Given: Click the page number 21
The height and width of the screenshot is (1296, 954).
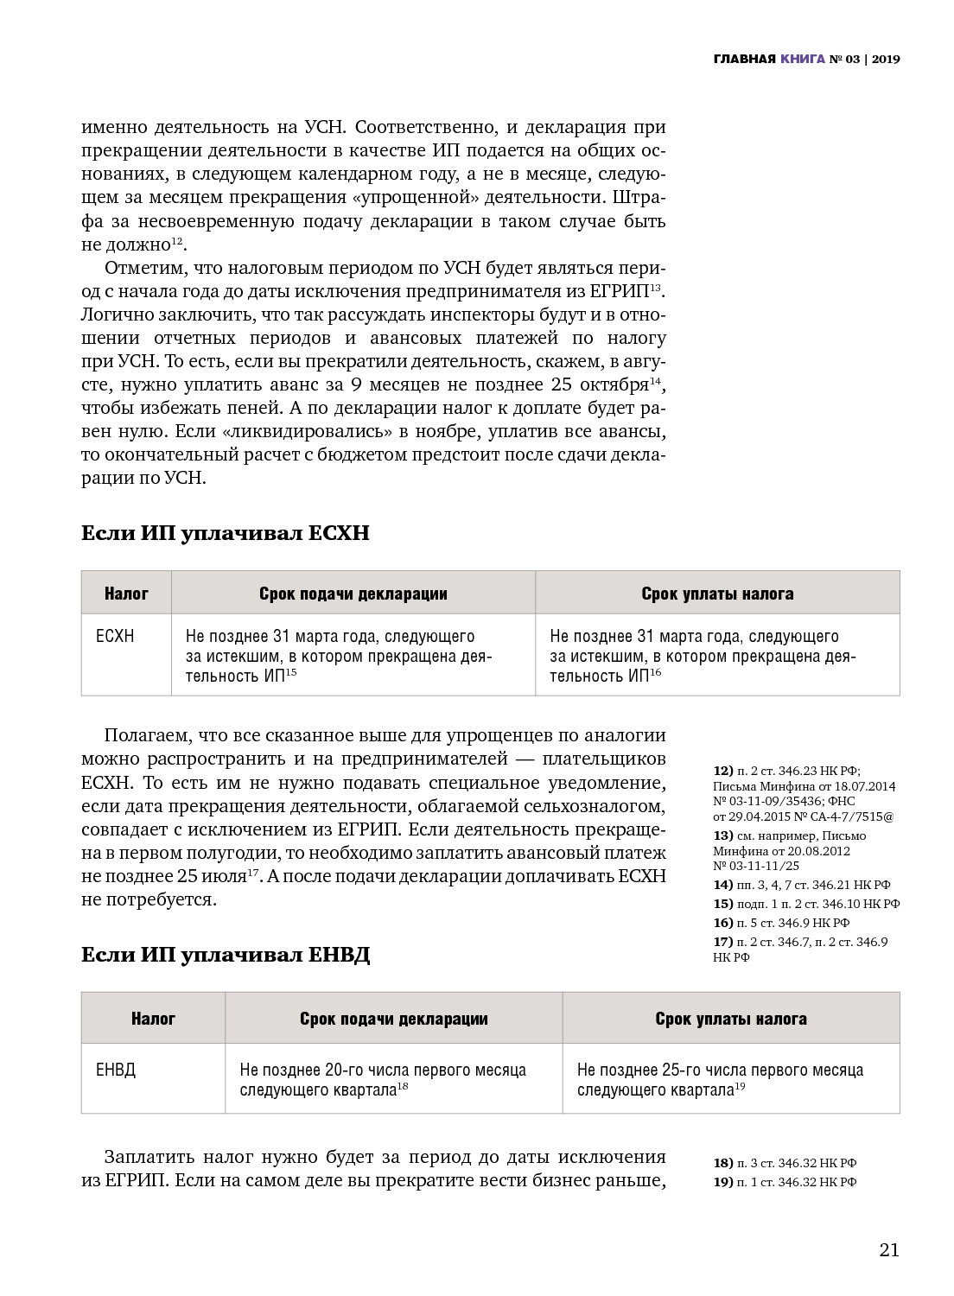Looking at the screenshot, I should coord(889,1249).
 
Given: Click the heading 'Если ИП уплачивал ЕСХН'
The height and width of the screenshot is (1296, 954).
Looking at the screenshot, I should coord(225,533).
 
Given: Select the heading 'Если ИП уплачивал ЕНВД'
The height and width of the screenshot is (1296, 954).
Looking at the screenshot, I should coord(226,955).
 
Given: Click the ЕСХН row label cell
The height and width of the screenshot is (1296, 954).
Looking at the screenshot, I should coord(116,637).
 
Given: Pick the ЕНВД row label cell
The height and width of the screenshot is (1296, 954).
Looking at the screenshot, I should coord(116,1070).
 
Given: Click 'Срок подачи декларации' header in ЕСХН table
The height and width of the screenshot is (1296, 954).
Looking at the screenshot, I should coord(353,594).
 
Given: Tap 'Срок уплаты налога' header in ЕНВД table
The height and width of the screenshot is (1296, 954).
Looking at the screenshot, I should coord(730,1019).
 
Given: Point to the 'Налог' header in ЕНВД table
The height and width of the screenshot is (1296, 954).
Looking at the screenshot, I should coord(153,1019).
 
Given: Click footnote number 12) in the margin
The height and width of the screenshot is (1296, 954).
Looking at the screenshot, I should coord(722,771).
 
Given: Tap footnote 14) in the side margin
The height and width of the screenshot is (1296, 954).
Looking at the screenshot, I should coord(722,885).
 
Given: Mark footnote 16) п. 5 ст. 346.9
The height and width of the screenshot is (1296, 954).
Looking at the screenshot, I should coord(722,923).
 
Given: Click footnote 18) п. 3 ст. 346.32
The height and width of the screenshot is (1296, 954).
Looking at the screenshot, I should coord(722,1163).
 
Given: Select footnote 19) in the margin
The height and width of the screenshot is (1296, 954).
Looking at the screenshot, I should coord(722,1182).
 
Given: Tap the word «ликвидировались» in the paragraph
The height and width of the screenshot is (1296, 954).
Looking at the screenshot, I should coord(316,431).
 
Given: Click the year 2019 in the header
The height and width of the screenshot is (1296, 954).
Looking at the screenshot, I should coord(886,59).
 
